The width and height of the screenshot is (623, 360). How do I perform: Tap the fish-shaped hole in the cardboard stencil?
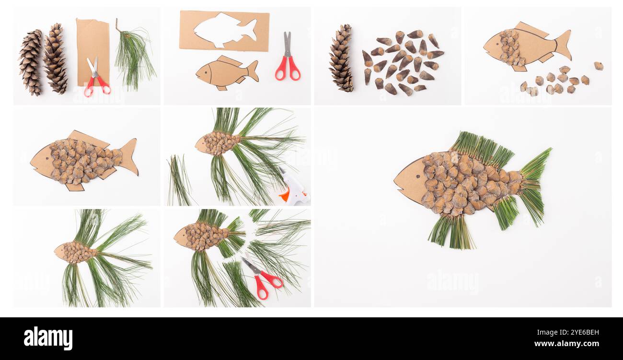click(223, 30)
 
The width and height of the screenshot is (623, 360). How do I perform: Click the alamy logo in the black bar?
click(48, 338)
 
